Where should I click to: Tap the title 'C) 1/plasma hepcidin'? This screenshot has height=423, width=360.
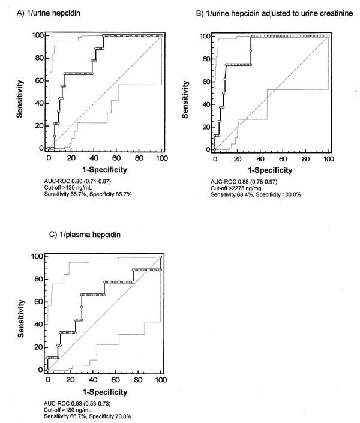66,236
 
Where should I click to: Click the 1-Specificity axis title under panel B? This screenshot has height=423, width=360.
272,170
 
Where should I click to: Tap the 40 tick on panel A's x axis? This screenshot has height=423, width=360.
94,158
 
